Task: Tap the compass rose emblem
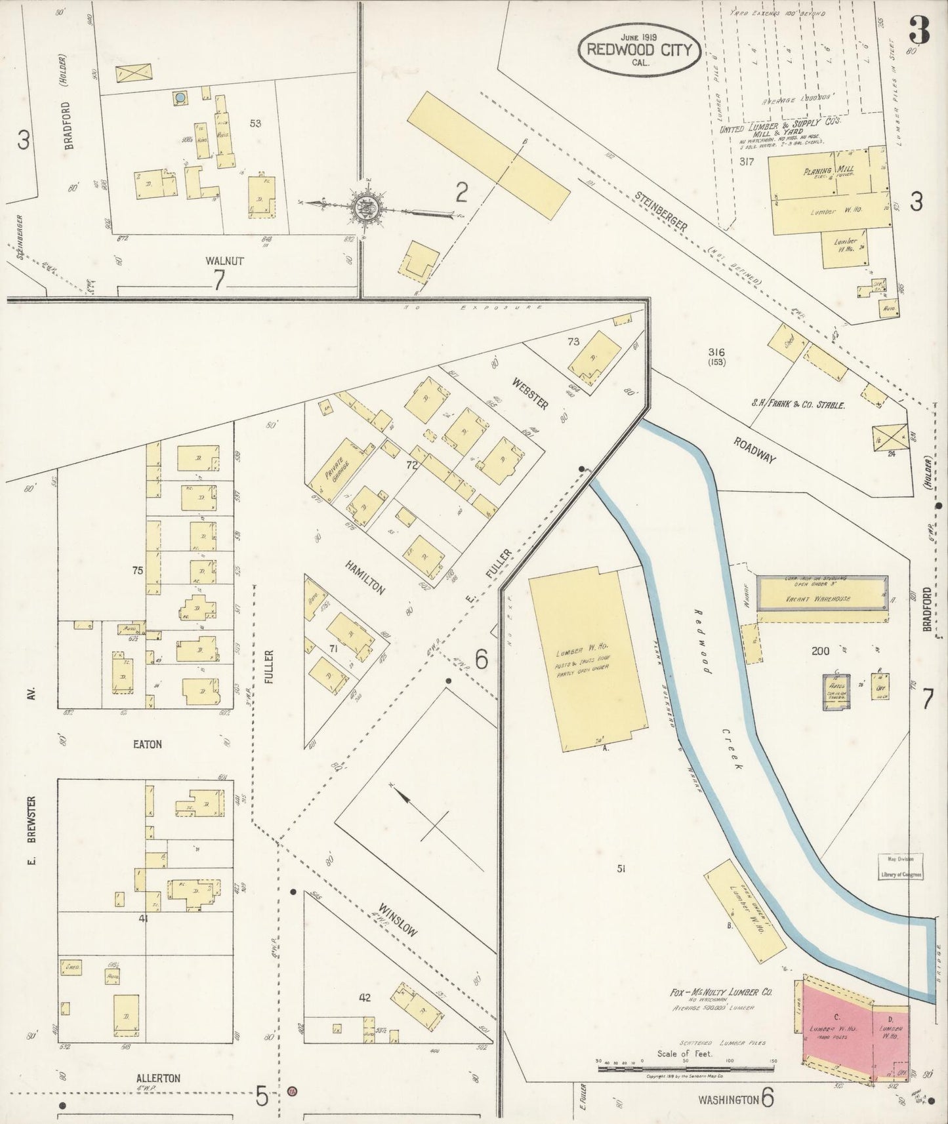coord(363,208)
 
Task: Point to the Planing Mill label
coord(817,172)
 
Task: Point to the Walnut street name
coord(224,260)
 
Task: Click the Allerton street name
coord(157,1077)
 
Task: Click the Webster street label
coord(531,393)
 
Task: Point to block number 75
coord(137,571)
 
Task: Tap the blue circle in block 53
coord(180,98)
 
